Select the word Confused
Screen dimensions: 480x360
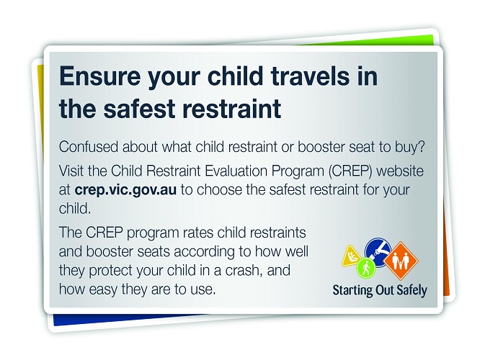click(89, 147)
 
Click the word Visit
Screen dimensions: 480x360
click(71, 171)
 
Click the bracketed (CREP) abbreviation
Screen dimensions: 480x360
click(350, 171)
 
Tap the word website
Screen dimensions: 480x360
click(400, 171)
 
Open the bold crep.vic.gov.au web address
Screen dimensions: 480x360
click(125, 190)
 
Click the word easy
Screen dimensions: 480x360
click(103, 289)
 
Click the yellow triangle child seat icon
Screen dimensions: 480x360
click(351, 256)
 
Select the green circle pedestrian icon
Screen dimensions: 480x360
click(365, 269)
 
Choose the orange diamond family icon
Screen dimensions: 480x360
click(401, 261)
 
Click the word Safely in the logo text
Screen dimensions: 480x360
click(412, 290)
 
